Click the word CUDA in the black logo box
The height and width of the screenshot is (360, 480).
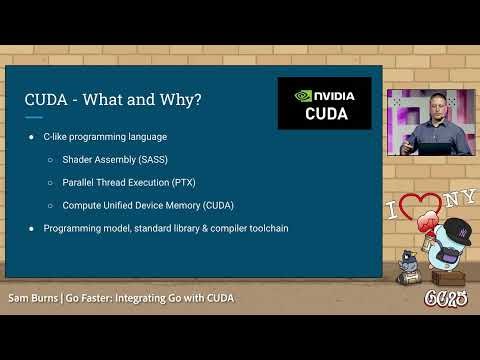[324, 114]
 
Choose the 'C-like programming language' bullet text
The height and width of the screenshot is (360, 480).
[105, 136]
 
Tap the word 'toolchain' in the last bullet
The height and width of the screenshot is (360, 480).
[268, 228]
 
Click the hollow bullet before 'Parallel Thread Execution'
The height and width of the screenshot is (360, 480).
[51, 182]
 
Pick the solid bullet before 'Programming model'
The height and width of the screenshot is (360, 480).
[31, 228]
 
